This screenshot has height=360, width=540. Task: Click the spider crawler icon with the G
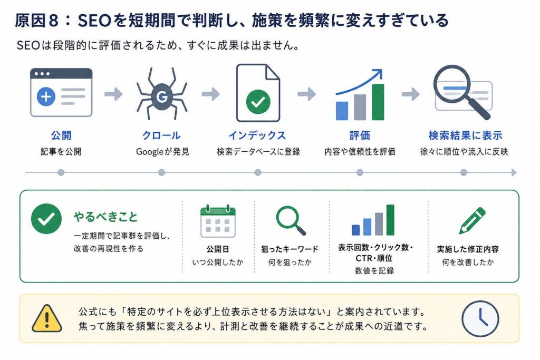[x=161, y=94]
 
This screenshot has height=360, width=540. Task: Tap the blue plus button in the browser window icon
[x=46, y=96]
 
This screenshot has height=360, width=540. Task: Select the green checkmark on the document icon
[x=258, y=102]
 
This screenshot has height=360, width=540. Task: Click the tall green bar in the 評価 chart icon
[x=378, y=102]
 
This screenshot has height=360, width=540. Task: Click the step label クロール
[x=161, y=135]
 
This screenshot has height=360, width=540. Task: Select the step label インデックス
[x=257, y=135]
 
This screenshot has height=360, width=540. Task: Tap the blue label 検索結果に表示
[x=465, y=135]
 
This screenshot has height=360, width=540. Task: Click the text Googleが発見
[x=162, y=151]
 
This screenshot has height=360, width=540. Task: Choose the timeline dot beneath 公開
[x=61, y=172]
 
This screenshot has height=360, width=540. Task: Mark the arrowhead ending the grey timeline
[x=514, y=172]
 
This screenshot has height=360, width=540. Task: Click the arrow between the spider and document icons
[x=211, y=94]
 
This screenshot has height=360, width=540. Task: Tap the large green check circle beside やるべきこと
[x=46, y=219]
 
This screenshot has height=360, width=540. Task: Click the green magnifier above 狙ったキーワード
[x=291, y=221]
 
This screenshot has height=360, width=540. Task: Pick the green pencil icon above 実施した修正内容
[x=472, y=220]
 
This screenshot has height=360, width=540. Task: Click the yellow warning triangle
[x=47, y=318]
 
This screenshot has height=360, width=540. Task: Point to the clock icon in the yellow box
[x=480, y=318]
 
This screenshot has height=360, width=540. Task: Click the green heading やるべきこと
[x=105, y=217]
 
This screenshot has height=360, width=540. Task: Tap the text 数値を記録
[x=374, y=271]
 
